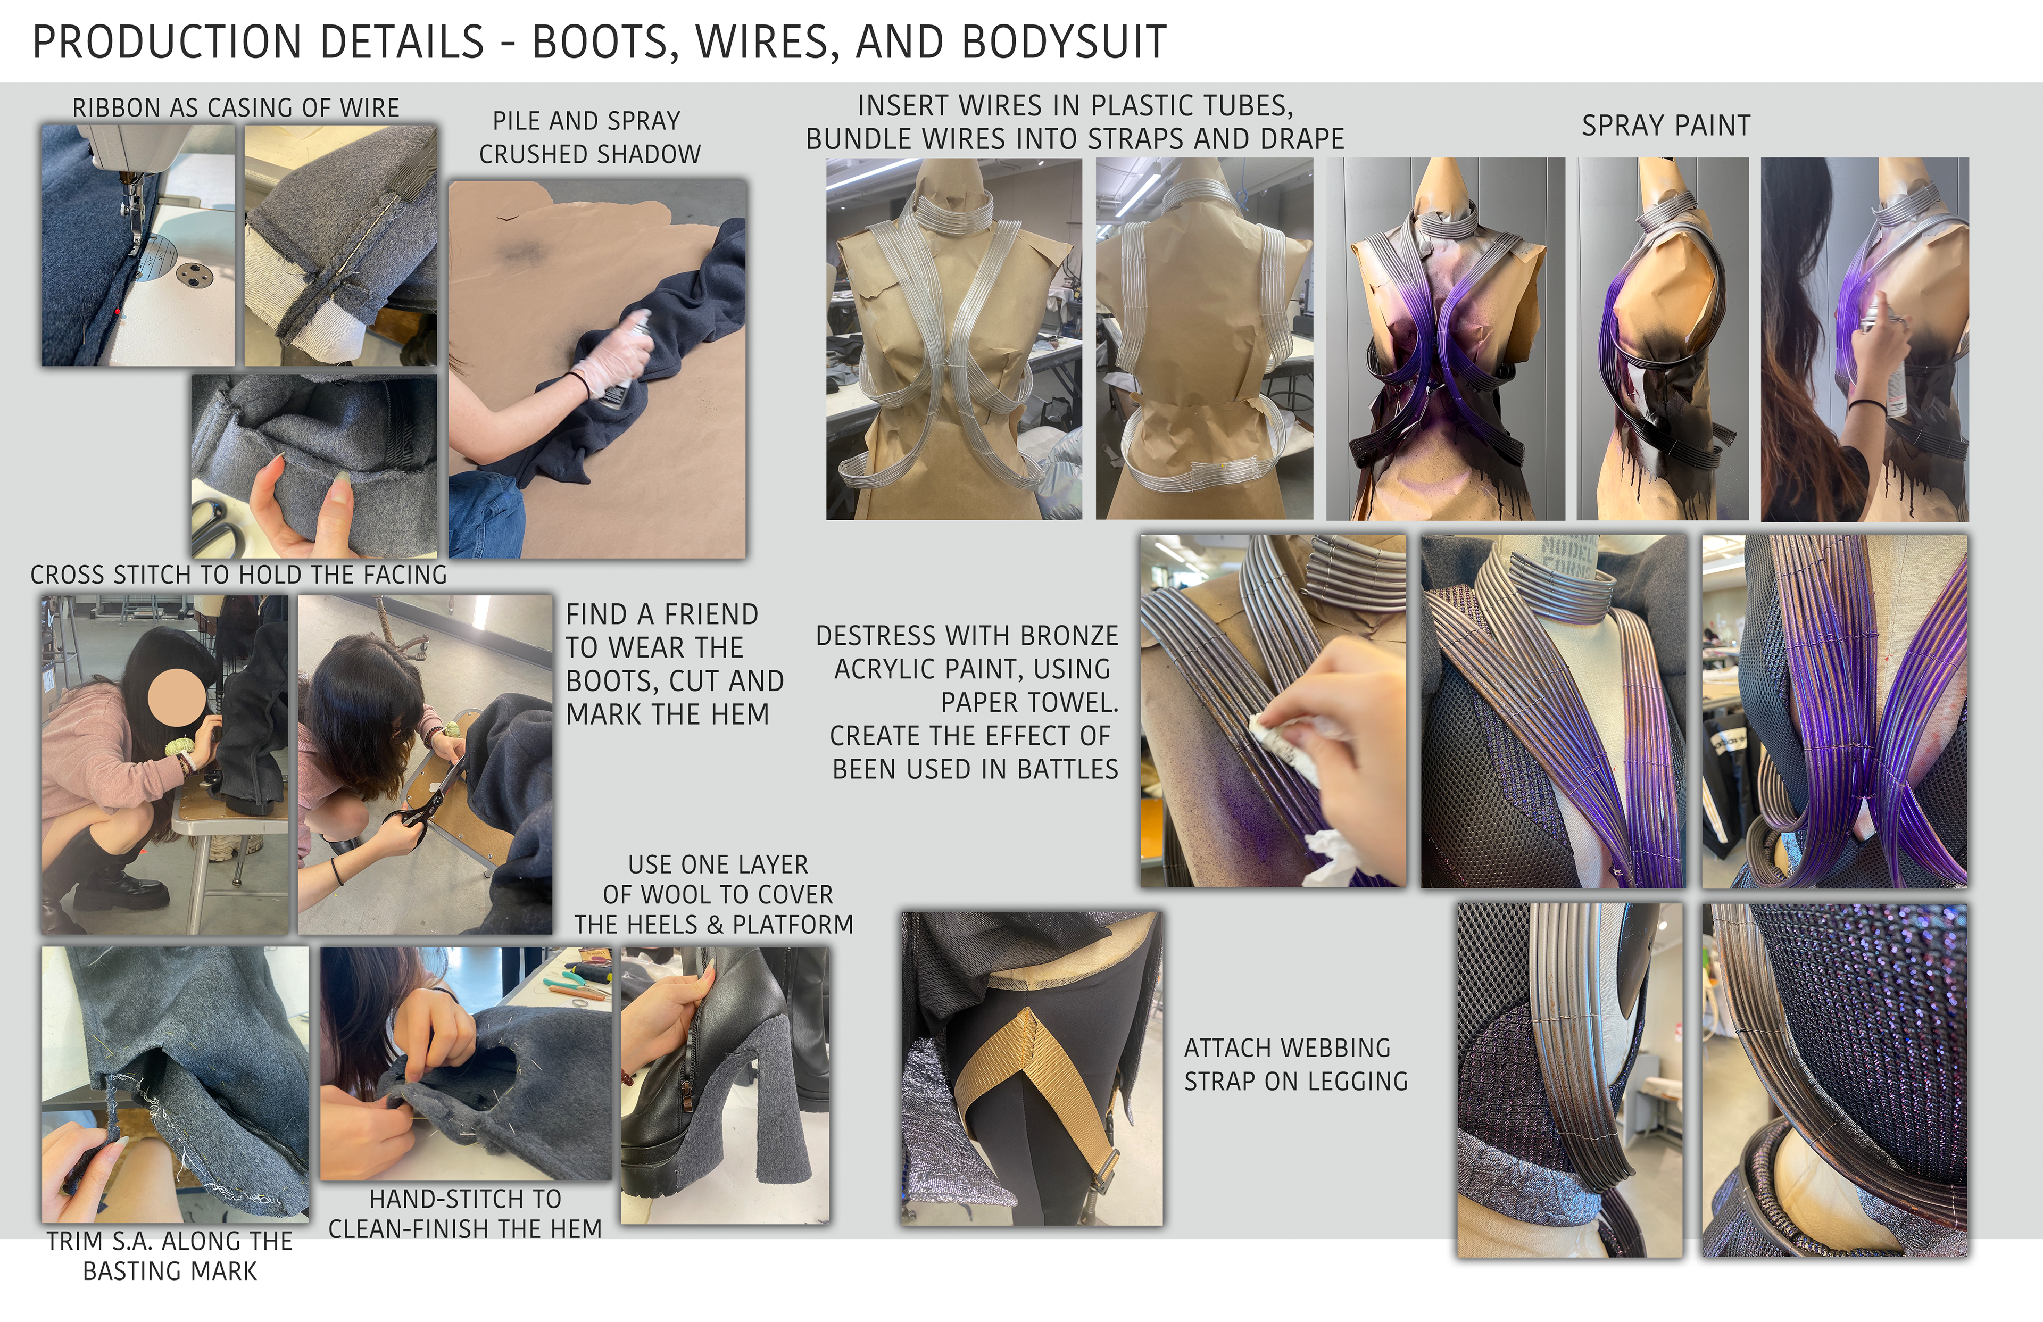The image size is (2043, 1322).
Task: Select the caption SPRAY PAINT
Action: click(x=1665, y=126)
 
